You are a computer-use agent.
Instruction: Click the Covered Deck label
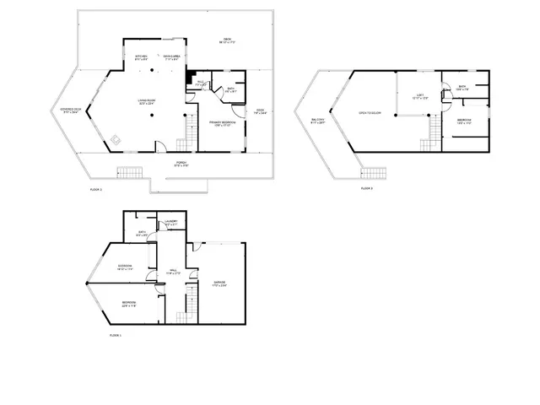tap(71, 111)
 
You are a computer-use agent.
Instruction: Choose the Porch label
tap(181, 164)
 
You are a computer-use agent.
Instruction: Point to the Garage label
tap(219, 283)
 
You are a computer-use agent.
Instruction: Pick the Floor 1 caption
tap(116, 336)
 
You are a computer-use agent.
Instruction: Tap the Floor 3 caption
tap(367, 189)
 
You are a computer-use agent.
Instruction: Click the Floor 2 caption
tap(95, 190)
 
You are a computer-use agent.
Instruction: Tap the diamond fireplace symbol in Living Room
tap(116, 139)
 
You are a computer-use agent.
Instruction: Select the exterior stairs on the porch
tap(127, 173)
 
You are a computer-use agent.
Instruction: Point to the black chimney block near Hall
tap(190, 75)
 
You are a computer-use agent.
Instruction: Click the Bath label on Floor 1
tap(142, 233)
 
